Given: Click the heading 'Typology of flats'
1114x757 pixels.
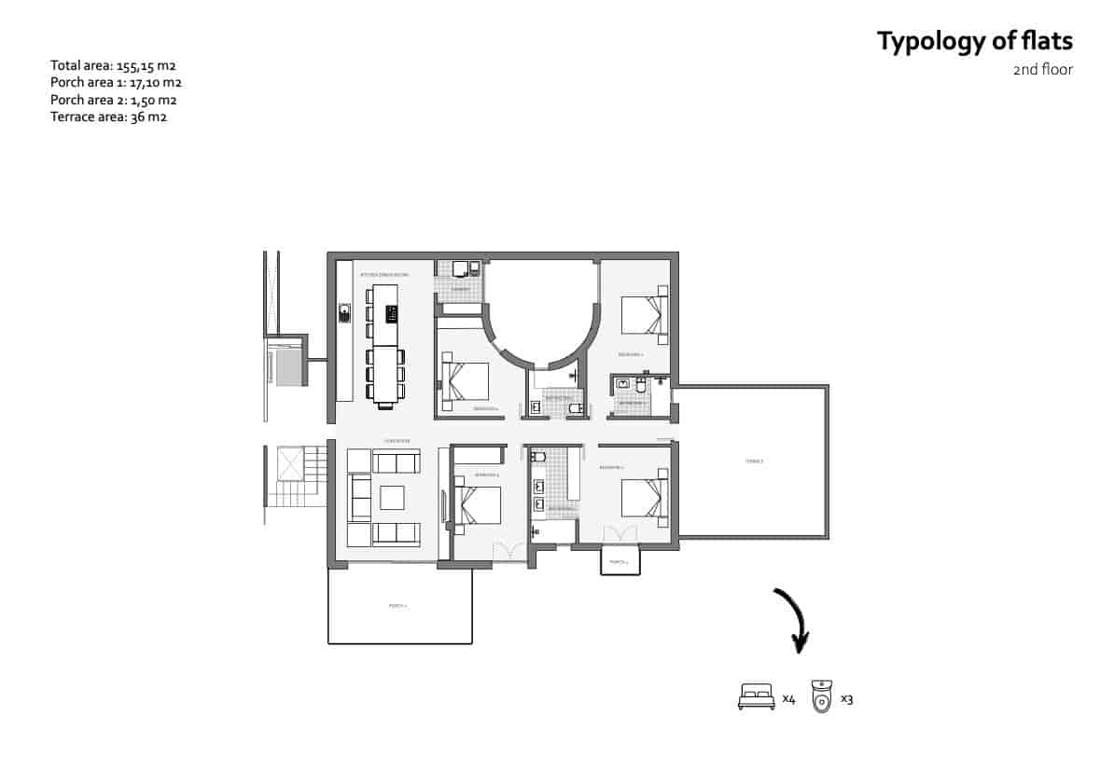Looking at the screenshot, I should (x=974, y=42).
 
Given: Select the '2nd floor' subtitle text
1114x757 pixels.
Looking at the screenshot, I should (x=1042, y=70).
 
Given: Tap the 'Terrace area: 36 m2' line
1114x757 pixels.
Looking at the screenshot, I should (x=108, y=117).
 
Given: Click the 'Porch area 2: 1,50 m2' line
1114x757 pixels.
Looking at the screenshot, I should (x=114, y=100).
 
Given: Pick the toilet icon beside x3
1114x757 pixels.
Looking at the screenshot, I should (x=821, y=696).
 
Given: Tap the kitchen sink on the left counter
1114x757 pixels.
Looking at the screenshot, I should (x=343, y=313).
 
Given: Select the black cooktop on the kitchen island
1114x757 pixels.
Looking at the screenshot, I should (x=391, y=313).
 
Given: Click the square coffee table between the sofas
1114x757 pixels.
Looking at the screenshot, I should (x=391, y=498).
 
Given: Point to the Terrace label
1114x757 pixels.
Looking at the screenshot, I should (x=754, y=461).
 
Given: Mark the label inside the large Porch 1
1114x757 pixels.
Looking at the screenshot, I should (x=398, y=606).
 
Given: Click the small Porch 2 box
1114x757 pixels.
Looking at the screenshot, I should (x=619, y=562).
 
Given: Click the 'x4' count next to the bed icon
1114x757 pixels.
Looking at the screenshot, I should (x=788, y=698).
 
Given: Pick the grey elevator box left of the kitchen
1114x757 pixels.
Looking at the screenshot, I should (x=288, y=367).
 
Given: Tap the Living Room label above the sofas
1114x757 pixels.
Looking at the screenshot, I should (x=397, y=441).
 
